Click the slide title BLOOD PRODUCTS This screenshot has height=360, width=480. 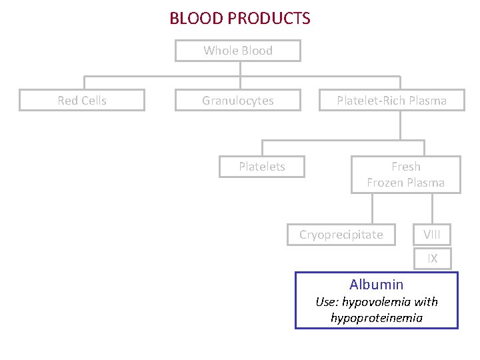(239, 18)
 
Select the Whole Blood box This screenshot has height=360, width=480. (238, 51)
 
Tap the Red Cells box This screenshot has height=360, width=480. (82, 101)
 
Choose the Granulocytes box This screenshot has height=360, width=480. (238, 101)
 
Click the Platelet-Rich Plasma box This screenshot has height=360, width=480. (391, 101)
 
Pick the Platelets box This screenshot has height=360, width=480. (262, 167)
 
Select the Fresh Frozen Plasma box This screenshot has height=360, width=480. (405, 175)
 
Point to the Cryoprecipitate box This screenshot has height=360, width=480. (341, 235)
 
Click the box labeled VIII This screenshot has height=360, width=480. (433, 235)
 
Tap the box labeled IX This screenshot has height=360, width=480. (433, 259)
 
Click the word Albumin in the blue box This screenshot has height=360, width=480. (376, 285)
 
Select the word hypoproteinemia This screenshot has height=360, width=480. (377, 318)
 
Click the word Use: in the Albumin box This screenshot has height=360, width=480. (327, 302)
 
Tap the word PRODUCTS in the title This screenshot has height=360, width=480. (269, 18)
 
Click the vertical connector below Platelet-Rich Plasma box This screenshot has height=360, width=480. (400, 125)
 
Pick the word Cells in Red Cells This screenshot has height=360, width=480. (94, 101)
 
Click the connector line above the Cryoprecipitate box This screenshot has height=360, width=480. (373, 208)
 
